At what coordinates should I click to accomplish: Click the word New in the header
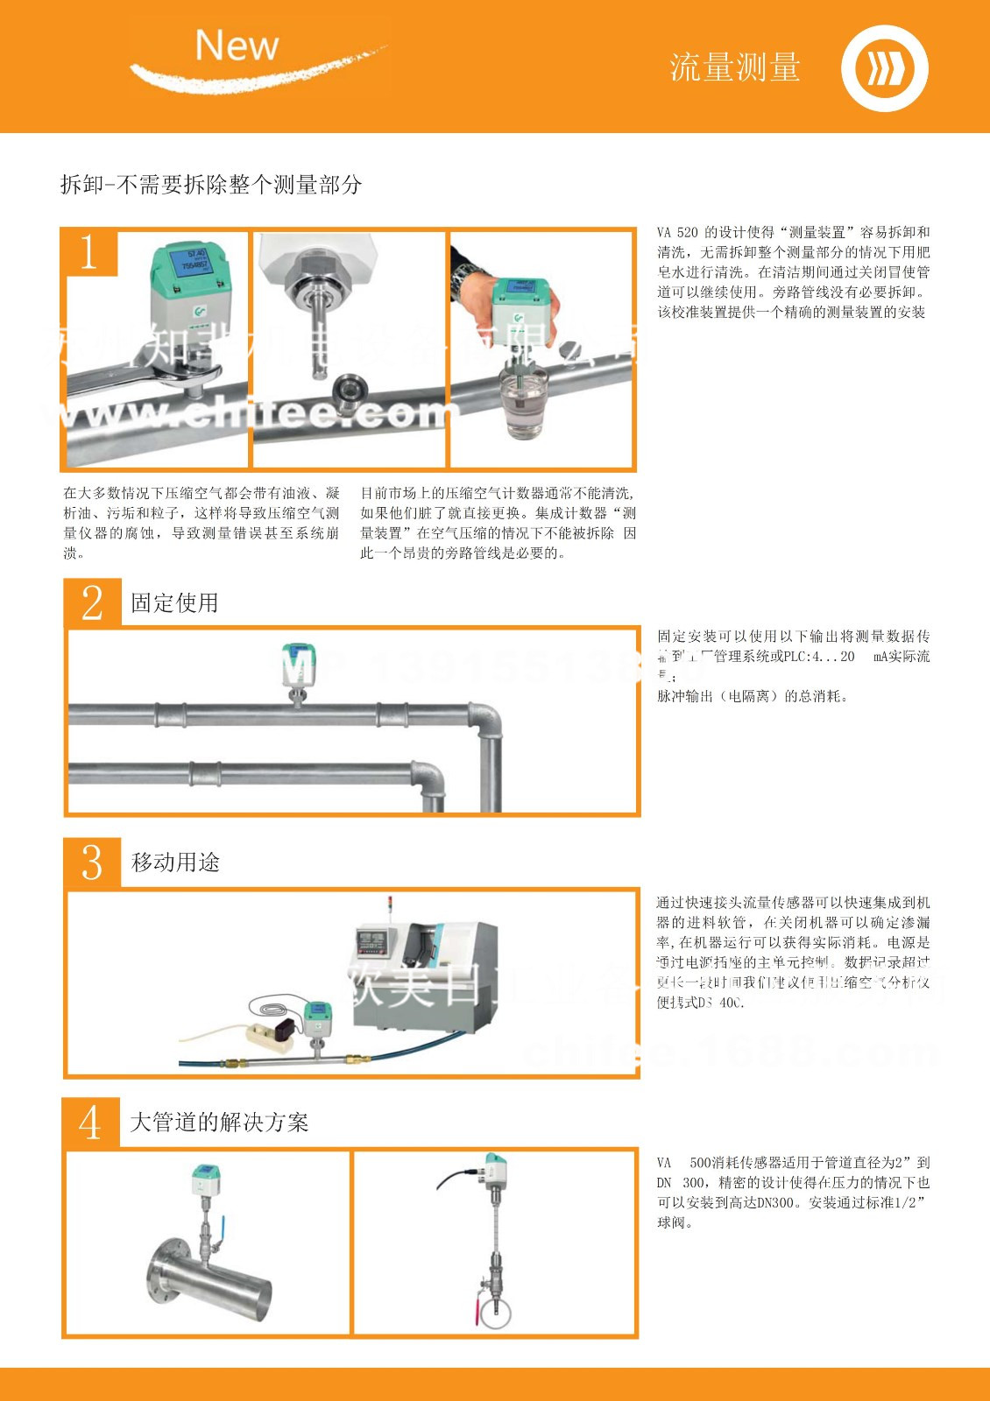237,45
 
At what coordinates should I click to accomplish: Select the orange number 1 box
89,252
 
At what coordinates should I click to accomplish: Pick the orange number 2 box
92,602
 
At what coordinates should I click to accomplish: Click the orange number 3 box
92,862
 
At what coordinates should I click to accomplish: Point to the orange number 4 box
90,1122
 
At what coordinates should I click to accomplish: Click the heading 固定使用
174,603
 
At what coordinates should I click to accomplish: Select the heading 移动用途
175,862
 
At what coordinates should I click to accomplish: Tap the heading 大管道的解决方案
219,1123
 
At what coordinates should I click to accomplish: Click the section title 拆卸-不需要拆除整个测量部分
211,185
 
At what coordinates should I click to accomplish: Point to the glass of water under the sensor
523,403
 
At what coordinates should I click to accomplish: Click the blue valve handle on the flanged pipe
222,1223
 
